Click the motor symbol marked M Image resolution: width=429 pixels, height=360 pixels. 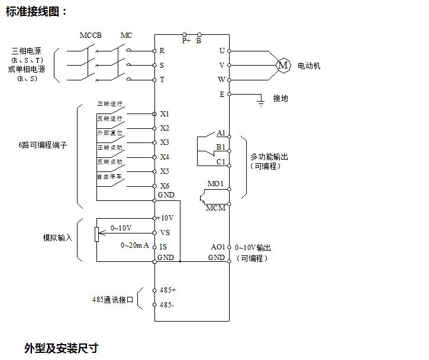[x=283, y=65]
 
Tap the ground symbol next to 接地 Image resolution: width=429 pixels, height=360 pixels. [x=259, y=103]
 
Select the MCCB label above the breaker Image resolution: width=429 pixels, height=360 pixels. [x=91, y=35]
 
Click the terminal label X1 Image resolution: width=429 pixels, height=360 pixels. [x=164, y=113]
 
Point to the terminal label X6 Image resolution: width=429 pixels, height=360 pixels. [x=164, y=186]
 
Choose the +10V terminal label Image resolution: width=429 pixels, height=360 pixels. [x=166, y=218]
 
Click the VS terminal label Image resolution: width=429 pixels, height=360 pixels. [x=164, y=232]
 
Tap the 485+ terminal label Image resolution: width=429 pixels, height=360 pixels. [x=168, y=290]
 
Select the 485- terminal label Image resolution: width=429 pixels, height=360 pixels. [x=167, y=305]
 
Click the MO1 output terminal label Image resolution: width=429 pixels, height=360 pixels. [x=215, y=184]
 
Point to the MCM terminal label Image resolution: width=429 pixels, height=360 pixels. [x=215, y=208]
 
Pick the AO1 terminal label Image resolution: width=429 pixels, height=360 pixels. [x=218, y=247]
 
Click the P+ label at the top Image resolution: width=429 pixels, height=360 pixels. [x=186, y=41]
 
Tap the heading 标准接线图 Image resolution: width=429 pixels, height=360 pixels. [x=37, y=11]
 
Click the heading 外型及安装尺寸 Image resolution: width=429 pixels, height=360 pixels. [x=61, y=348]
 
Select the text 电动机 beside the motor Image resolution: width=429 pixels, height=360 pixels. [x=308, y=66]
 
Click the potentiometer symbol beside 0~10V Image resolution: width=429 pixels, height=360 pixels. [x=96, y=233]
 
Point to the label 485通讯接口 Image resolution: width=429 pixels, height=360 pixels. [x=113, y=299]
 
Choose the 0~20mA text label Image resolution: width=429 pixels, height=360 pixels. [x=135, y=245]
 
